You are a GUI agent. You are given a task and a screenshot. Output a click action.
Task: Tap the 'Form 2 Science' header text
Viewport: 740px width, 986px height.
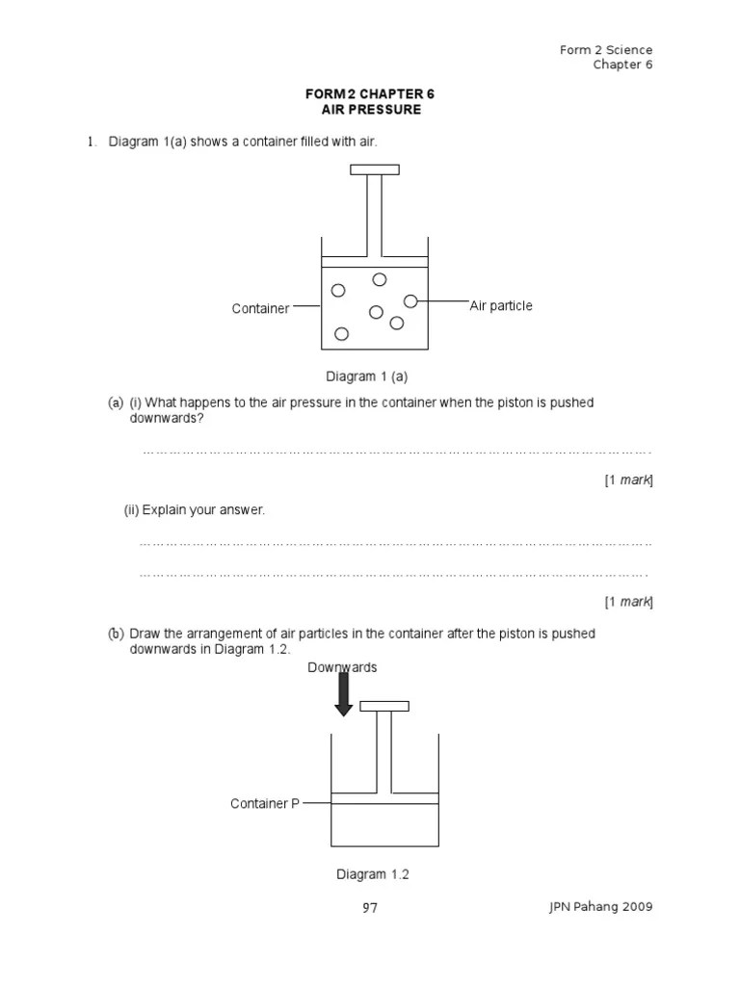click(606, 50)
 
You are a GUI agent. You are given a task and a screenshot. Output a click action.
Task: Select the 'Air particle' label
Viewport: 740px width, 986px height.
click(501, 305)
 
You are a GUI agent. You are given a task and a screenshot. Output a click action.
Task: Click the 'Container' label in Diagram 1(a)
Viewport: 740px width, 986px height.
click(260, 309)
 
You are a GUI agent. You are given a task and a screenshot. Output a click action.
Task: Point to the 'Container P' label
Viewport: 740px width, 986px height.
click(265, 803)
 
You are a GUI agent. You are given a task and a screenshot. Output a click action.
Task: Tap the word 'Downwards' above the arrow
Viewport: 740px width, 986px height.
click(343, 667)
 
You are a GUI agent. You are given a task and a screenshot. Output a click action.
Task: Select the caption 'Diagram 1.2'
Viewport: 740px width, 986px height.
click(373, 874)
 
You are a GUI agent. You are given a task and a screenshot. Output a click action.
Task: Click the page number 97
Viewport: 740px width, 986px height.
click(370, 907)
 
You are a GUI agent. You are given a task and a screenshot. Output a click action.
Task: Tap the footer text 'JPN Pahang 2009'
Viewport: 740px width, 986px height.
click(599, 907)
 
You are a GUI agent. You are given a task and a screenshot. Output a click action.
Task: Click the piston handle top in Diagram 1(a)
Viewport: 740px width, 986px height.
click(374, 170)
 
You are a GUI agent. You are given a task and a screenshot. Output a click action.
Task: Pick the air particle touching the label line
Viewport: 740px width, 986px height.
click(410, 301)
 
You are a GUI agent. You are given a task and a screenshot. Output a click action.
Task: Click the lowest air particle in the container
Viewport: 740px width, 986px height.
click(341, 333)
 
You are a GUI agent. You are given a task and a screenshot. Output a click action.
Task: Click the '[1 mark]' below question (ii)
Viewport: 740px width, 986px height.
click(628, 602)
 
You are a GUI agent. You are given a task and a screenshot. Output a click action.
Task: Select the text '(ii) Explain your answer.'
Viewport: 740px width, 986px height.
click(194, 509)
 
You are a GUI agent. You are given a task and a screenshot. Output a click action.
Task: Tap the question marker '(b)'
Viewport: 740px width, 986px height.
click(116, 634)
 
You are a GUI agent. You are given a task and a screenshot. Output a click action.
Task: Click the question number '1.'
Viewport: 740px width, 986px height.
click(92, 143)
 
